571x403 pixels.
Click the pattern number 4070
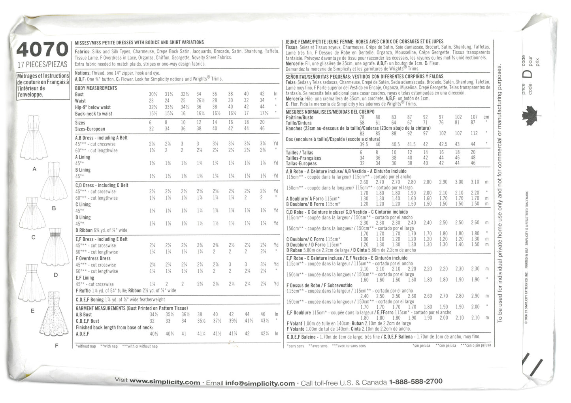[42, 50]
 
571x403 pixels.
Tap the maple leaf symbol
[527, 117]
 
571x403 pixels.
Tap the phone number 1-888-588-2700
[416, 382]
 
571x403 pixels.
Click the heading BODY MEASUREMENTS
[96, 88]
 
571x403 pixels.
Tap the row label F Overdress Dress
[93, 258]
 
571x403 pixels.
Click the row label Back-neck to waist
[94, 114]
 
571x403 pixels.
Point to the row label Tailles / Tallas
[299, 153]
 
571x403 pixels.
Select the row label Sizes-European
[90, 129]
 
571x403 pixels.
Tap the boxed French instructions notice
[43, 85]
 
